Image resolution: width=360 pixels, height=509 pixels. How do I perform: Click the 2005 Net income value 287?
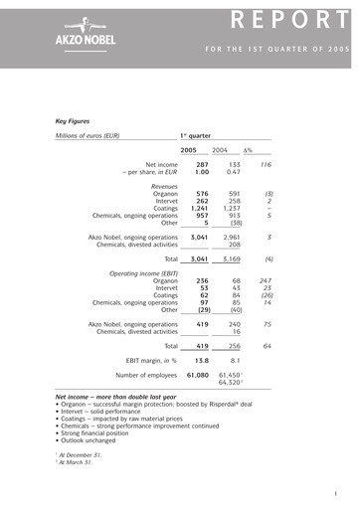(198, 165)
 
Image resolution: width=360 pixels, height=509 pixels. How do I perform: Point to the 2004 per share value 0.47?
(231, 173)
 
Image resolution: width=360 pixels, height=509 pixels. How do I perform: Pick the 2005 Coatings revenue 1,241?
(196, 208)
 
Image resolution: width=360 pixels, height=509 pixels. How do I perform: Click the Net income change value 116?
(266, 165)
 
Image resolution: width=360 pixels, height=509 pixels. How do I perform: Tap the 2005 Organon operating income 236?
(198, 281)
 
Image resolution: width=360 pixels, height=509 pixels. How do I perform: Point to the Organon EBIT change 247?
(266, 281)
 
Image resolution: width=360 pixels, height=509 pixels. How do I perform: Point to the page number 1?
(337, 494)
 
